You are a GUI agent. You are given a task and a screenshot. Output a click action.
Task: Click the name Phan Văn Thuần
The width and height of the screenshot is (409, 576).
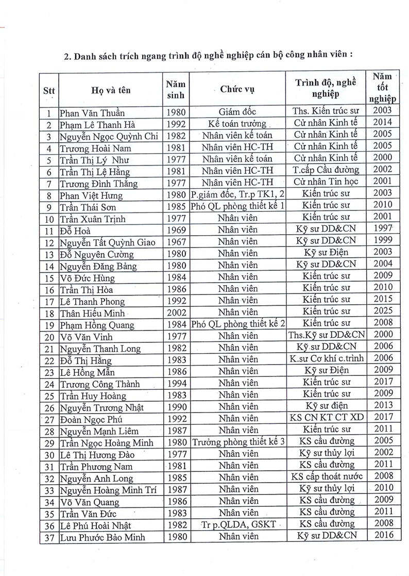[92, 112]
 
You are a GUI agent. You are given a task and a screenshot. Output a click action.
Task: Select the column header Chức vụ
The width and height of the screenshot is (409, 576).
[237, 90]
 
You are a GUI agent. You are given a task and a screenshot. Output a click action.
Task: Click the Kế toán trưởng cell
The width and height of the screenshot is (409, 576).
[237, 124]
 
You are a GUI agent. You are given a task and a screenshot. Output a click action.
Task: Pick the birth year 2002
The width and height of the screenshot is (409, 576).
[176, 312]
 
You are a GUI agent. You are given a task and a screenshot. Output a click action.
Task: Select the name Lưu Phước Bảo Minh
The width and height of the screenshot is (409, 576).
[102, 537]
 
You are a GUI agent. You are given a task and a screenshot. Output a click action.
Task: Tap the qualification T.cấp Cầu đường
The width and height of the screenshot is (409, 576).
[326, 171]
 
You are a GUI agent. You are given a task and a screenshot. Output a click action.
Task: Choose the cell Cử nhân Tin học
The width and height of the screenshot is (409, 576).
[326, 182]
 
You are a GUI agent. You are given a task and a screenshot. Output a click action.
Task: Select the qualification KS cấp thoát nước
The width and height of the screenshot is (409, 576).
[326, 476]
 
